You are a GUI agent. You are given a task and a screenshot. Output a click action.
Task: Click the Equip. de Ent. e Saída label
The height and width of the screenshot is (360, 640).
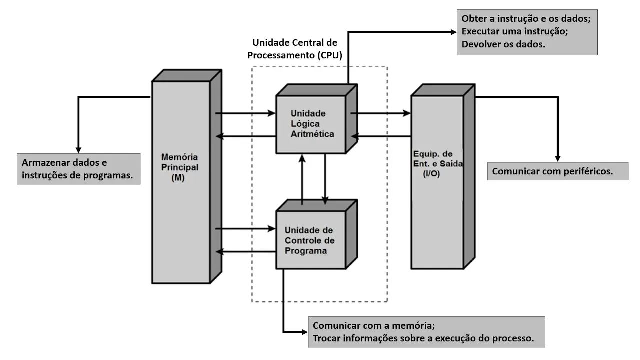(437, 164)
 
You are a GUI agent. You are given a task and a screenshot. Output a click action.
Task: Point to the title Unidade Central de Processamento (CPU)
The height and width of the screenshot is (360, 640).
(295, 49)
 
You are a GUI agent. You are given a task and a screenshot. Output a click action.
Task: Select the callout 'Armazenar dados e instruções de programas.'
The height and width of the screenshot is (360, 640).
(78, 169)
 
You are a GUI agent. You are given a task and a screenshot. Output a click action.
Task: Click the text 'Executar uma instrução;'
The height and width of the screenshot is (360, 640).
(515, 31)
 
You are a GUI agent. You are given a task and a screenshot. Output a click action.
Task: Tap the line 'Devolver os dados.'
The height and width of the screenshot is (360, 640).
(503, 44)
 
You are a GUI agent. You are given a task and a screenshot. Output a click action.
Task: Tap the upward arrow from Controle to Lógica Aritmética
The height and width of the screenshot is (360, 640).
(302, 180)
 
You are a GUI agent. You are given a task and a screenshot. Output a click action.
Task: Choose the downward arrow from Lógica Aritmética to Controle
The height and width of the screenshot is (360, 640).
(325, 180)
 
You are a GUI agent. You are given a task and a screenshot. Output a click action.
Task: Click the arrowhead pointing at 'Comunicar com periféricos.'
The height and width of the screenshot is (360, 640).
(558, 157)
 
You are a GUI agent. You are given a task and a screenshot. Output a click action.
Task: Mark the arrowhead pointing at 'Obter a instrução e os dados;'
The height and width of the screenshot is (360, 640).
(452, 32)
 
